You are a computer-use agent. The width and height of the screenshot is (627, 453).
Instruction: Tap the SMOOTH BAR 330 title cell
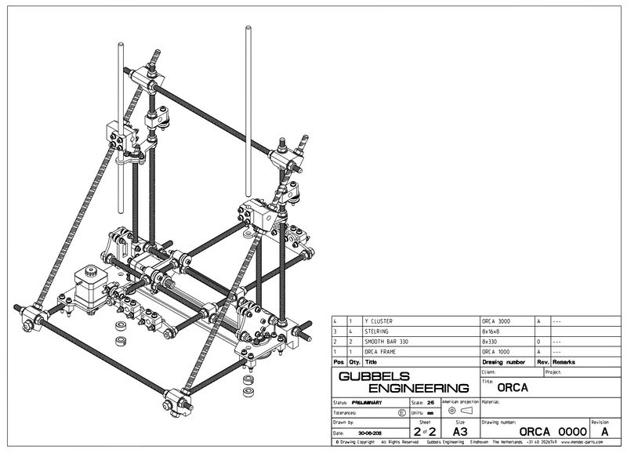click(384, 342)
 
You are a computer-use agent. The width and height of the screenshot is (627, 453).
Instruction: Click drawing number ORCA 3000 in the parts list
click(498, 322)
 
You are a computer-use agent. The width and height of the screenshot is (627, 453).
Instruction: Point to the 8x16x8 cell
click(493, 332)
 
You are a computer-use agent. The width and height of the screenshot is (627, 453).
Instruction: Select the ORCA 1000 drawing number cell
click(498, 353)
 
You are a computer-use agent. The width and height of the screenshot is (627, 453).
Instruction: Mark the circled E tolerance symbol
click(403, 411)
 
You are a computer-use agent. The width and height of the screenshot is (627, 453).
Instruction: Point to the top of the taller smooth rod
click(248, 31)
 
